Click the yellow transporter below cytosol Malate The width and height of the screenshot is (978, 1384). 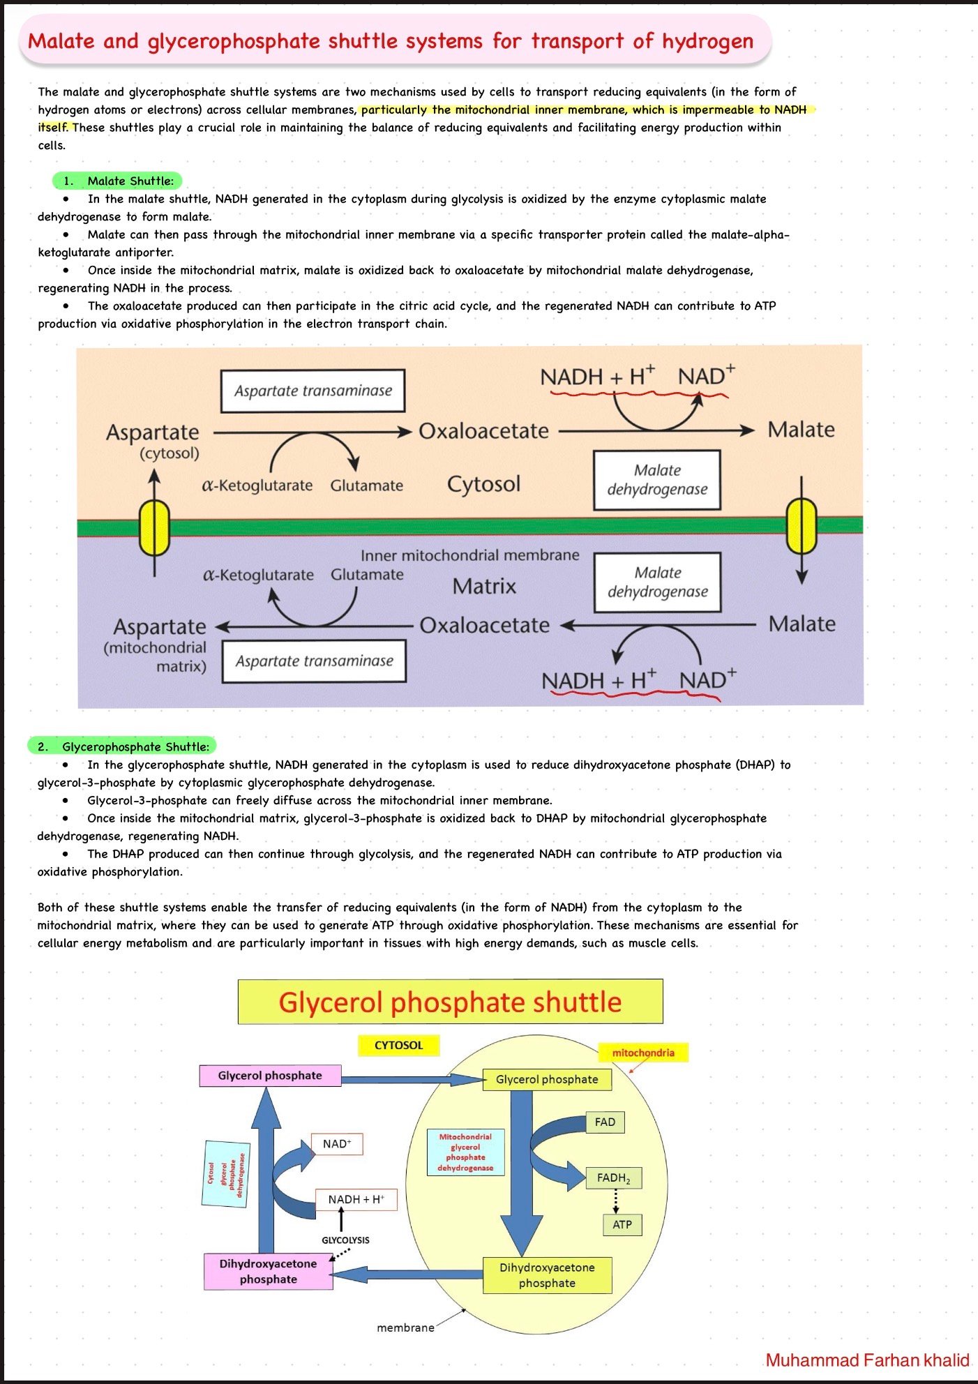click(802, 527)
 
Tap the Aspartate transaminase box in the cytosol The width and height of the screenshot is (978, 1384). click(313, 391)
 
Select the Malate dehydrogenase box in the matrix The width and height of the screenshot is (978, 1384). click(657, 582)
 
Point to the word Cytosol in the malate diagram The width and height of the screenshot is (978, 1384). click(483, 484)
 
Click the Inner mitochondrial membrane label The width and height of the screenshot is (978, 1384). click(469, 555)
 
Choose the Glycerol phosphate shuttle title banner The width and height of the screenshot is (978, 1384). click(450, 1002)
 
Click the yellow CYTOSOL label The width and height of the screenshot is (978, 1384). click(399, 1045)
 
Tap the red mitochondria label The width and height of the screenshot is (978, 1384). click(643, 1053)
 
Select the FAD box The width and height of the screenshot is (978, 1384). click(605, 1122)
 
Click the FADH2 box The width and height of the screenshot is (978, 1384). click(613, 1178)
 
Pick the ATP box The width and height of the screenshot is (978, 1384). click(622, 1225)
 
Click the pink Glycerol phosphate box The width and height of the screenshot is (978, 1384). click(270, 1076)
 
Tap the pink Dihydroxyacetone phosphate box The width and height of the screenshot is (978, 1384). click(268, 1271)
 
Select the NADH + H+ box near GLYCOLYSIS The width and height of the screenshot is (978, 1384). click(356, 1199)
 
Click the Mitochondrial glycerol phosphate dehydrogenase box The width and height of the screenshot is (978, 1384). click(465, 1152)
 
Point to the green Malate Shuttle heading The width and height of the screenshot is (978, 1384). click(118, 181)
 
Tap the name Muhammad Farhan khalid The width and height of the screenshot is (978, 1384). click(867, 1360)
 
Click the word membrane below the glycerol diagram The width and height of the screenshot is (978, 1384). click(405, 1327)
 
